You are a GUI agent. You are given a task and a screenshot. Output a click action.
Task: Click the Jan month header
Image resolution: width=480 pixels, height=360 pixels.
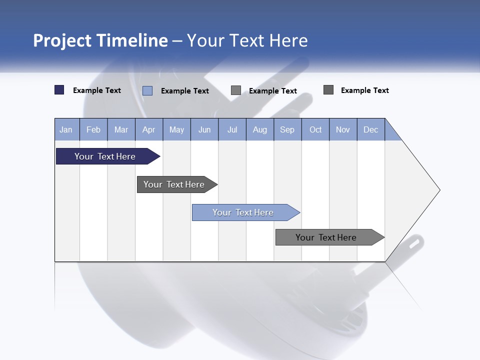coord(66,130)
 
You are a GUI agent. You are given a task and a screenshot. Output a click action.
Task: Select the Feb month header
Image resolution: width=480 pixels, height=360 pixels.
coord(93,130)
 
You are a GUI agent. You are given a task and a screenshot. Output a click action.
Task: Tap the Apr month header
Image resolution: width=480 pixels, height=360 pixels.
coord(149,130)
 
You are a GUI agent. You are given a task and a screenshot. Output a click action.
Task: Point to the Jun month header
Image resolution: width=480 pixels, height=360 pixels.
coord(204,130)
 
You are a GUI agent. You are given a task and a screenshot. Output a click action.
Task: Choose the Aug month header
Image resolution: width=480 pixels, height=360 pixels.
coord(260,130)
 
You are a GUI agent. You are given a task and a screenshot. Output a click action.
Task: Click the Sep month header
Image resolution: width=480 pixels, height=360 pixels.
coord(287,130)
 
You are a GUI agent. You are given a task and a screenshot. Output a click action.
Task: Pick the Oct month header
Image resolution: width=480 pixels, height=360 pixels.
coord(315,130)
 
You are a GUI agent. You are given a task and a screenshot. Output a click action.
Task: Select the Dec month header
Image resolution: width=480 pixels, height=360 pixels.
coord(371,130)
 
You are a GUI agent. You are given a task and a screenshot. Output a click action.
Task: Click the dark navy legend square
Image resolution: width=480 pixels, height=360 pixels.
coord(59,90)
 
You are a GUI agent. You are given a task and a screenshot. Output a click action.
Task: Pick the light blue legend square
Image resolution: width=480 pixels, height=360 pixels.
coord(147,90)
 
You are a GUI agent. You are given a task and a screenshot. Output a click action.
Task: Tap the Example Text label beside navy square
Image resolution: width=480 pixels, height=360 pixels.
coord(97,90)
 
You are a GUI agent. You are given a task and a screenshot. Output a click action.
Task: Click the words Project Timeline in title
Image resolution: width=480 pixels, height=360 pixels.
coord(100,40)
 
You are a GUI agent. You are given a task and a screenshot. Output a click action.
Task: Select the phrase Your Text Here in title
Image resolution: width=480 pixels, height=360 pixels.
coord(247,40)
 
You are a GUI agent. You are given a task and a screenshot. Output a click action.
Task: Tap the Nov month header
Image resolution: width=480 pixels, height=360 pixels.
coord(343,130)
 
